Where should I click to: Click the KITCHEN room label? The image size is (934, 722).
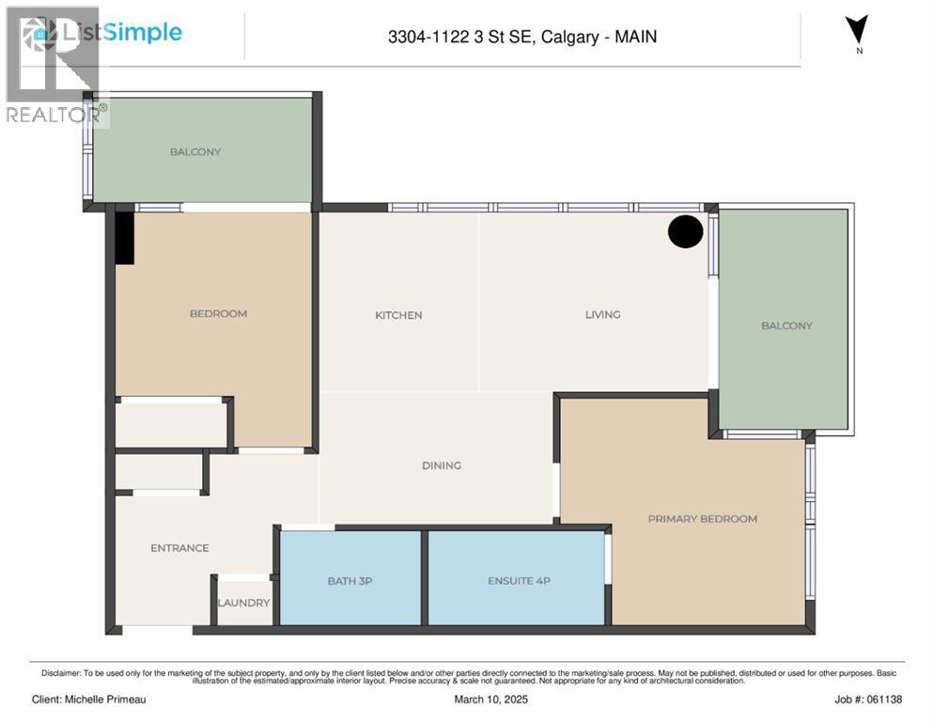(x=398, y=315)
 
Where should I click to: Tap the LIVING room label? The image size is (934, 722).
(x=602, y=314)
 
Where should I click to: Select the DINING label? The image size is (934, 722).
(x=441, y=465)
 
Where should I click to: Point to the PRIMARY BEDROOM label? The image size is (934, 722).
(x=702, y=519)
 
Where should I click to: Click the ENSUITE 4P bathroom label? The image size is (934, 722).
(x=519, y=581)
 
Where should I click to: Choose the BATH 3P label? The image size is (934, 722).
(x=350, y=581)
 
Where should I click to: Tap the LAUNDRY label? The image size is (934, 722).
(x=243, y=603)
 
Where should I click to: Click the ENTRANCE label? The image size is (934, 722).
(x=179, y=548)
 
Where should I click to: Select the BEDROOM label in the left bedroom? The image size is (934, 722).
(x=218, y=313)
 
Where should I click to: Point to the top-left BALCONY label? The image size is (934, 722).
(x=195, y=151)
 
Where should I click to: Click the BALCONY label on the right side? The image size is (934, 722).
(x=786, y=325)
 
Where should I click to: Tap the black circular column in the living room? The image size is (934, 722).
(x=685, y=231)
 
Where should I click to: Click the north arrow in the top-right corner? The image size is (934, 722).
(x=857, y=30)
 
